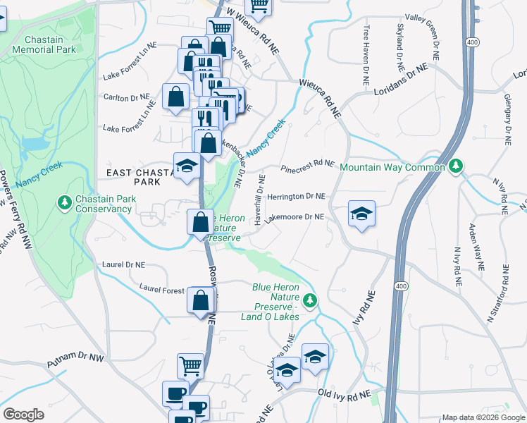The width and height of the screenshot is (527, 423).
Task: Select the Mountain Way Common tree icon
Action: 457,166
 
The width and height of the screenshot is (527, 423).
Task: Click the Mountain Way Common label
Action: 392,168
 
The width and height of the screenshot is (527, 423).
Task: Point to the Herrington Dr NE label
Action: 296,197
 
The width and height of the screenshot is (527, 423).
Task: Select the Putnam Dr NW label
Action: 75,362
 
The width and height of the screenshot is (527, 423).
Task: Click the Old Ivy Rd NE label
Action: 344,395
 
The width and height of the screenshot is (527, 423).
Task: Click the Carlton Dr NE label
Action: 127,97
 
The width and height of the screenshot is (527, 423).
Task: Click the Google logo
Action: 23,415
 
